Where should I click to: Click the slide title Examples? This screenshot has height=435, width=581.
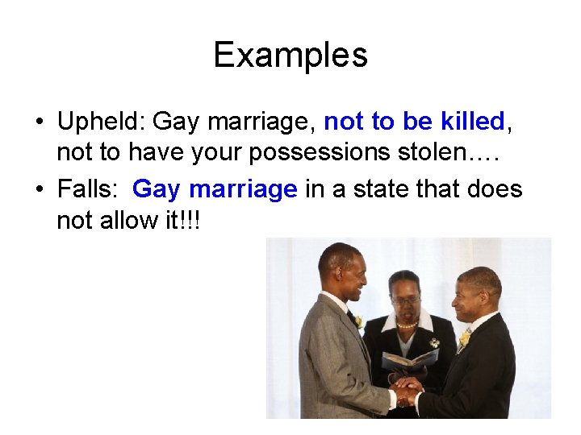tap(290, 55)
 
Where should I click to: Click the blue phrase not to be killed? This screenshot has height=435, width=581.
tap(413, 122)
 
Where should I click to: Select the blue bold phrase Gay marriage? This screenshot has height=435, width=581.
tap(215, 190)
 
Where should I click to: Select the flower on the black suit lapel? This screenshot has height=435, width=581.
tap(464, 339)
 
